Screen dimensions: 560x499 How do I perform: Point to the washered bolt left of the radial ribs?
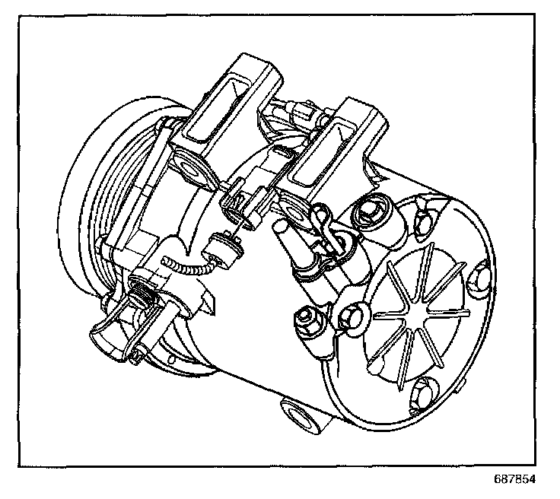[351, 313]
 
